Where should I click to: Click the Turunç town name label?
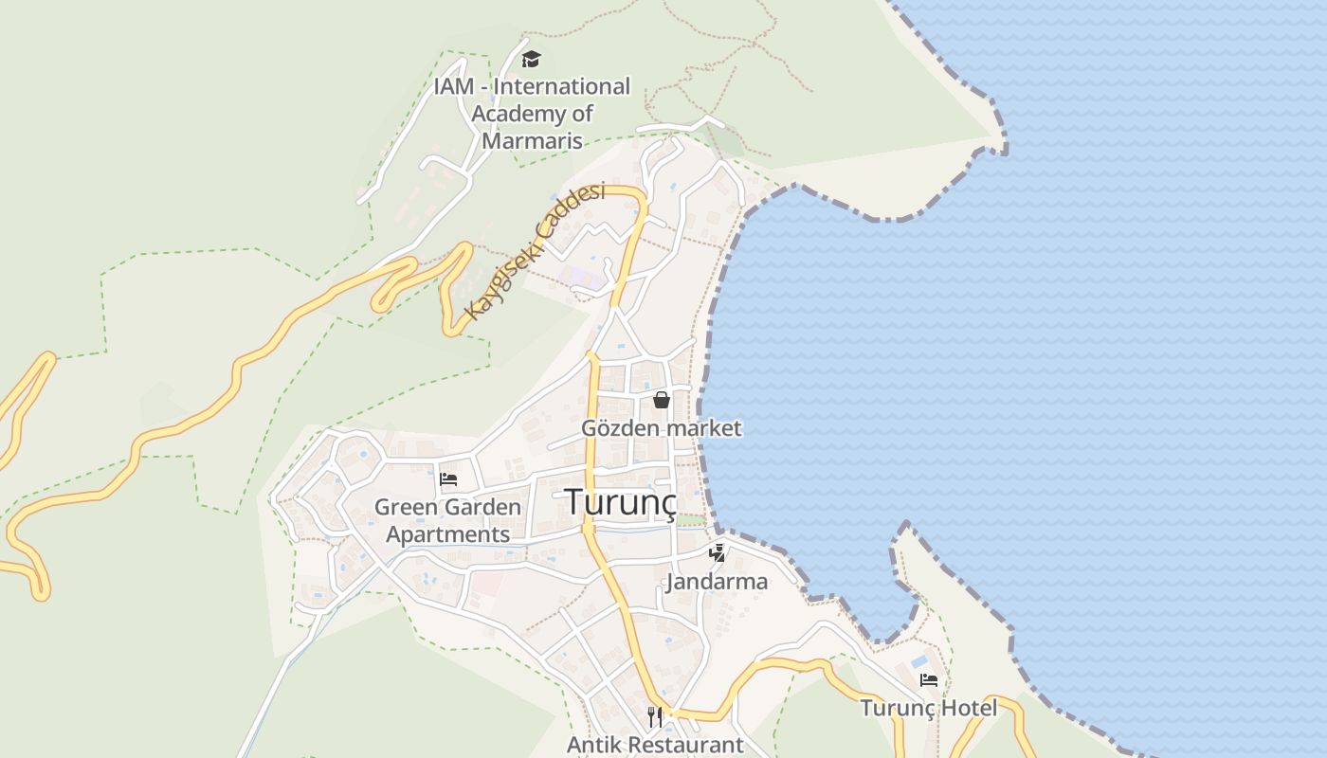pyautogui.click(x=621, y=502)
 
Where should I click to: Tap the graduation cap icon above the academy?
pyautogui.click(x=531, y=60)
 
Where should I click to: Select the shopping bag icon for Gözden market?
pyautogui.click(x=662, y=400)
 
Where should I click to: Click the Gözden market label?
pyautogui.click(x=661, y=428)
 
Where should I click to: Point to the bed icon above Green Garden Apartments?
pyautogui.click(x=448, y=479)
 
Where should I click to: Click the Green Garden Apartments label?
pyautogui.click(x=447, y=520)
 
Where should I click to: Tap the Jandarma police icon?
pyautogui.click(x=718, y=552)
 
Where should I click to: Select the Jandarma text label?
pyautogui.click(x=717, y=581)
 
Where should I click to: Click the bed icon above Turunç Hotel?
pyautogui.click(x=929, y=679)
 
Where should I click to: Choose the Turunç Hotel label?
pyautogui.click(x=928, y=708)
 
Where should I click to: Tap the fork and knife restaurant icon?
pyautogui.click(x=655, y=715)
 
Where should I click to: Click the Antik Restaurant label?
pyautogui.click(x=655, y=745)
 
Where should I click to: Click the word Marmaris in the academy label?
pyautogui.click(x=532, y=141)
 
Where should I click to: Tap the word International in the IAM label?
pyautogui.click(x=562, y=86)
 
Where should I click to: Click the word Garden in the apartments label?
pyautogui.click(x=484, y=507)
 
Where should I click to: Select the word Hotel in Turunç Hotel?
pyautogui.click(x=968, y=708)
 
